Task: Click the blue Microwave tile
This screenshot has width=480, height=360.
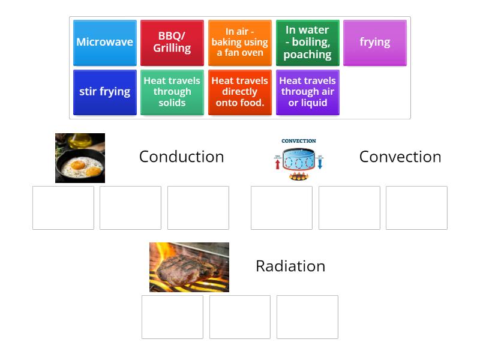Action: point(104,43)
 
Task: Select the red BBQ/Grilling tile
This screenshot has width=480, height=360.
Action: point(172,43)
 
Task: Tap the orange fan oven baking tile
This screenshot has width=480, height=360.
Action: point(239,43)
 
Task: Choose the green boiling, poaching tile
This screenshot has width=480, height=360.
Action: point(307,43)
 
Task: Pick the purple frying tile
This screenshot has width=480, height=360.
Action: point(374,43)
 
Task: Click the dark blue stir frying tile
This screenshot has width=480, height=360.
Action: point(104,92)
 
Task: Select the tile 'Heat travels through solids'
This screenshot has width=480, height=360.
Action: point(172,92)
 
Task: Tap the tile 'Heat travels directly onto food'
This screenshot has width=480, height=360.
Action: point(239,92)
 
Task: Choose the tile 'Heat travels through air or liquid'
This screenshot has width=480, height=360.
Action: point(307,92)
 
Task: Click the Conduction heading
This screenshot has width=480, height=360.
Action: point(181,157)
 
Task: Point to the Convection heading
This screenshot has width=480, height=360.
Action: point(400,157)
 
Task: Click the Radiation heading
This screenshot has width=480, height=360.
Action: point(290,266)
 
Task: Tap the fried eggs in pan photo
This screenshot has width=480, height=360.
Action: point(80,158)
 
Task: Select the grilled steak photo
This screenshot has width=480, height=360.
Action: point(189,267)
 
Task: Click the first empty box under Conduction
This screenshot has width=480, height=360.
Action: point(63,208)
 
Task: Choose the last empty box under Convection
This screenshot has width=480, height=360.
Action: point(416,208)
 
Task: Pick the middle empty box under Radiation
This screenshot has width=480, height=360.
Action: point(239,317)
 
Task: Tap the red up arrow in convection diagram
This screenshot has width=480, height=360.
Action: point(278,163)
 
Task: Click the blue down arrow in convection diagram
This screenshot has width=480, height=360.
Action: point(320,163)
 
